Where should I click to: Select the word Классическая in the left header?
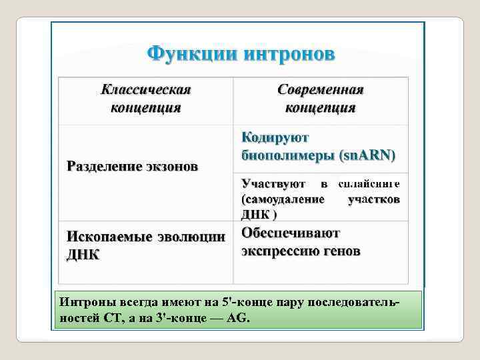(146, 89)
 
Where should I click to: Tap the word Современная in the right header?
(320, 89)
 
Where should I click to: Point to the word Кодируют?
(275, 138)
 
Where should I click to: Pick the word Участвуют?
(273, 183)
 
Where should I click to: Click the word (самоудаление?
(283, 199)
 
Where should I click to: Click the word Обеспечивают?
(291, 233)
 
